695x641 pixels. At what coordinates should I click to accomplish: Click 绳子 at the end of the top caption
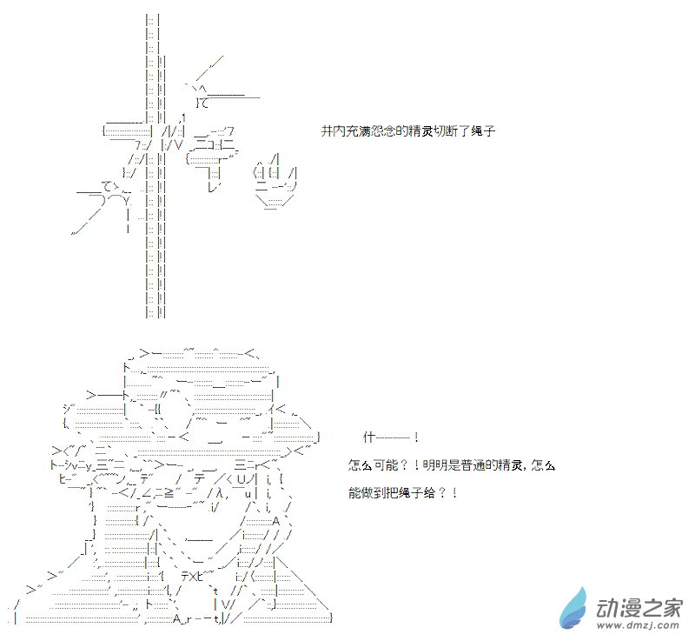coord(483,130)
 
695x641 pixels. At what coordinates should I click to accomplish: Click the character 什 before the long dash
coord(368,437)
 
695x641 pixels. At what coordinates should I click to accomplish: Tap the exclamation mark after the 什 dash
coord(416,437)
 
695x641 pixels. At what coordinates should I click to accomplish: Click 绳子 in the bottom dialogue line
coord(410,493)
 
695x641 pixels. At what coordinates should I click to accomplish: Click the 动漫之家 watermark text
coord(639,608)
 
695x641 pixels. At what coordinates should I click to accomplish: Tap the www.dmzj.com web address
coord(638,625)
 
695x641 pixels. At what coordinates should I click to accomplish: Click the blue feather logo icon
coord(575,609)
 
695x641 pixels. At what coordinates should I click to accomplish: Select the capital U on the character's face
coord(242,479)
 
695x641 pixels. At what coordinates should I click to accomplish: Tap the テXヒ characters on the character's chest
coord(192,577)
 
